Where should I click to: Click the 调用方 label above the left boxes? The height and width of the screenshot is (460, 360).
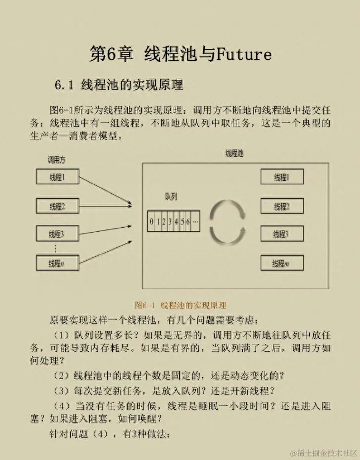click(56, 160)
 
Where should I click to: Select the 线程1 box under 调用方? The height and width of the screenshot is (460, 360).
click(57, 178)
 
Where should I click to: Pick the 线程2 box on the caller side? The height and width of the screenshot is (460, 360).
click(57, 207)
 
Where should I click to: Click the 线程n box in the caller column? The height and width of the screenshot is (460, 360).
click(57, 263)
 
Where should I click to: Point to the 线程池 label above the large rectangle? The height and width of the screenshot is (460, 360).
click(234, 153)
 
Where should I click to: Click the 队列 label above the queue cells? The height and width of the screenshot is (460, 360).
click(171, 197)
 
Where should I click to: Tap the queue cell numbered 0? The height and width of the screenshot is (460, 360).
click(151, 222)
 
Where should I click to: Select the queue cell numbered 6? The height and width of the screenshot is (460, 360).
click(188, 222)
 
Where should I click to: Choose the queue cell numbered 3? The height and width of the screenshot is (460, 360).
click(170, 222)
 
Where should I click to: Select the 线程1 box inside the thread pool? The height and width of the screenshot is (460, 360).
click(281, 178)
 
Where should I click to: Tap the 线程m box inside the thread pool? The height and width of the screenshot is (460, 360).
click(281, 263)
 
